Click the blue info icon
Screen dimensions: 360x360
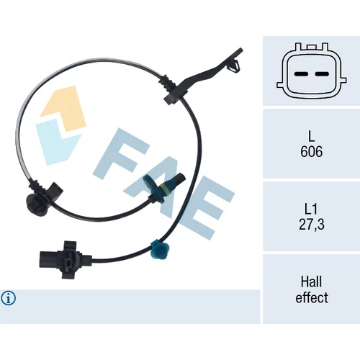click(x=9, y=298)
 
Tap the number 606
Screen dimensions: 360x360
click(x=311, y=151)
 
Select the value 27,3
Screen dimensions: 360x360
click(x=312, y=225)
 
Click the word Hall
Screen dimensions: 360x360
click(x=311, y=282)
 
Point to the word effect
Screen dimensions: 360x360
click(x=312, y=297)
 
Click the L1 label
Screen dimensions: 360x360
click(x=311, y=209)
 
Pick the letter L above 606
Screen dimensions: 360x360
click(x=311, y=136)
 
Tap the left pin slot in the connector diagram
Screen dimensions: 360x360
click(x=301, y=74)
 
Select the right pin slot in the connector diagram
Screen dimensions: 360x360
click(x=322, y=74)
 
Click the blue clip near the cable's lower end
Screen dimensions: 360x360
click(x=158, y=251)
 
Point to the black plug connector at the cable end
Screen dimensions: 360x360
click(x=66, y=260)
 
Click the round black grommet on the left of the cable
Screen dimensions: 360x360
click(x=37, y=204)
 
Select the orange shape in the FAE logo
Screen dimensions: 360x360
click(x=65, y=108)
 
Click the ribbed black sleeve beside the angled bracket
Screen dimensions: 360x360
click(x=167, y=84)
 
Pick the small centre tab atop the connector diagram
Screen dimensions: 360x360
click(x=311, y=47)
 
